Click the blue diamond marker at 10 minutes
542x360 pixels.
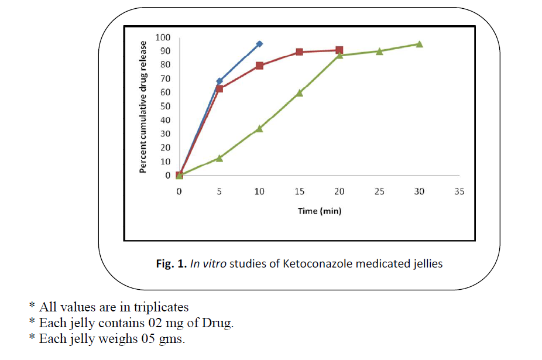[259, 44]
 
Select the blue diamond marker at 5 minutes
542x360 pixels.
[219, 81]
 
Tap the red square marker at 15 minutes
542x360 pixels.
[299, 52]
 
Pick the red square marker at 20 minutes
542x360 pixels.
[339, 50]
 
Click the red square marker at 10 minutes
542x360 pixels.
[259, 66]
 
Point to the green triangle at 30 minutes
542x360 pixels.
[419, 44]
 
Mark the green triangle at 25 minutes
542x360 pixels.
[379, 52]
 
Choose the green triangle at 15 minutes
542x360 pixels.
[299, 92]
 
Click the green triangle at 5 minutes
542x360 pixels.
[219, 158]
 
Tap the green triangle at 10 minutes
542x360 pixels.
[259, 128]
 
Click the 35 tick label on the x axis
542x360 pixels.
[459, 191]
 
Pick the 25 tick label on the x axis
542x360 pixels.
[379, 191]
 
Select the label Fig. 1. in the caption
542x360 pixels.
[170, 263]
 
